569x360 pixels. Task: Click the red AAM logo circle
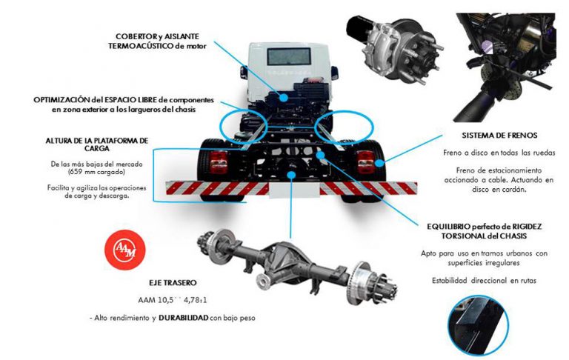click(124, 249)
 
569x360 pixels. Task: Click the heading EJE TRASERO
click(173, 283)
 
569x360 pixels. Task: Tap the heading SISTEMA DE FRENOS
click(499, 136)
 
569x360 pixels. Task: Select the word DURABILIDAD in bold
click(184, 318)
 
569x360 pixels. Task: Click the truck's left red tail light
click(219, 161)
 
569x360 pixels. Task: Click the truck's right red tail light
click(365, 162)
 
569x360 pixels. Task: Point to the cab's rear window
click(289, 56)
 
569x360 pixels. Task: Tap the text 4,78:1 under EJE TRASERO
click(196, 300)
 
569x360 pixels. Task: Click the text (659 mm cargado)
click(96, 172)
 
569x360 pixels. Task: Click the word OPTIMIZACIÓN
click(61, 100)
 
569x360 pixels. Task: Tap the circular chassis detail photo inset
click(478, 325)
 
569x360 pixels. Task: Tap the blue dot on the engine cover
click(284, 97)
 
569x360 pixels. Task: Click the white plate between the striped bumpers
click(294, 190)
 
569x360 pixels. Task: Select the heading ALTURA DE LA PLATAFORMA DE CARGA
click(97, 144)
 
